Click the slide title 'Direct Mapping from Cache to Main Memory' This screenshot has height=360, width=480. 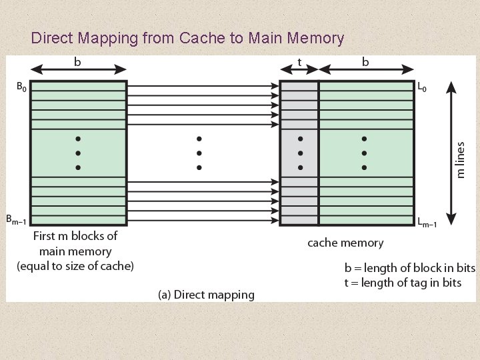[x=187, y=38]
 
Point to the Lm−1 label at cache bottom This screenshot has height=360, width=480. [x=427, y=223]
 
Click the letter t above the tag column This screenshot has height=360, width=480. [x=299, y=62]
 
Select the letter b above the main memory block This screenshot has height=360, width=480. [x=78, y=62]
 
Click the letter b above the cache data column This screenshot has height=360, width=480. [x=365, y=62]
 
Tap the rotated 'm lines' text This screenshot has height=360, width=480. [x=461, y=159]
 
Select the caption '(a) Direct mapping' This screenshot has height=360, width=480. [x=206, y=295]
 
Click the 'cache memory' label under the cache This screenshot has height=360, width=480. [x=345, y=243]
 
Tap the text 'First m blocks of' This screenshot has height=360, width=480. [x=75, y=236]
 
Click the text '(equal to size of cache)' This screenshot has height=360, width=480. [x=75, y=266]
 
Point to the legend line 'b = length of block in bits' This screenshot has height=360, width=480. [x=409, y=268]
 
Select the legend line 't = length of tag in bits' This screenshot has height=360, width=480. [x=403, y=283]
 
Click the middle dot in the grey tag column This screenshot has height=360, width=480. [x=300, y=153]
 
